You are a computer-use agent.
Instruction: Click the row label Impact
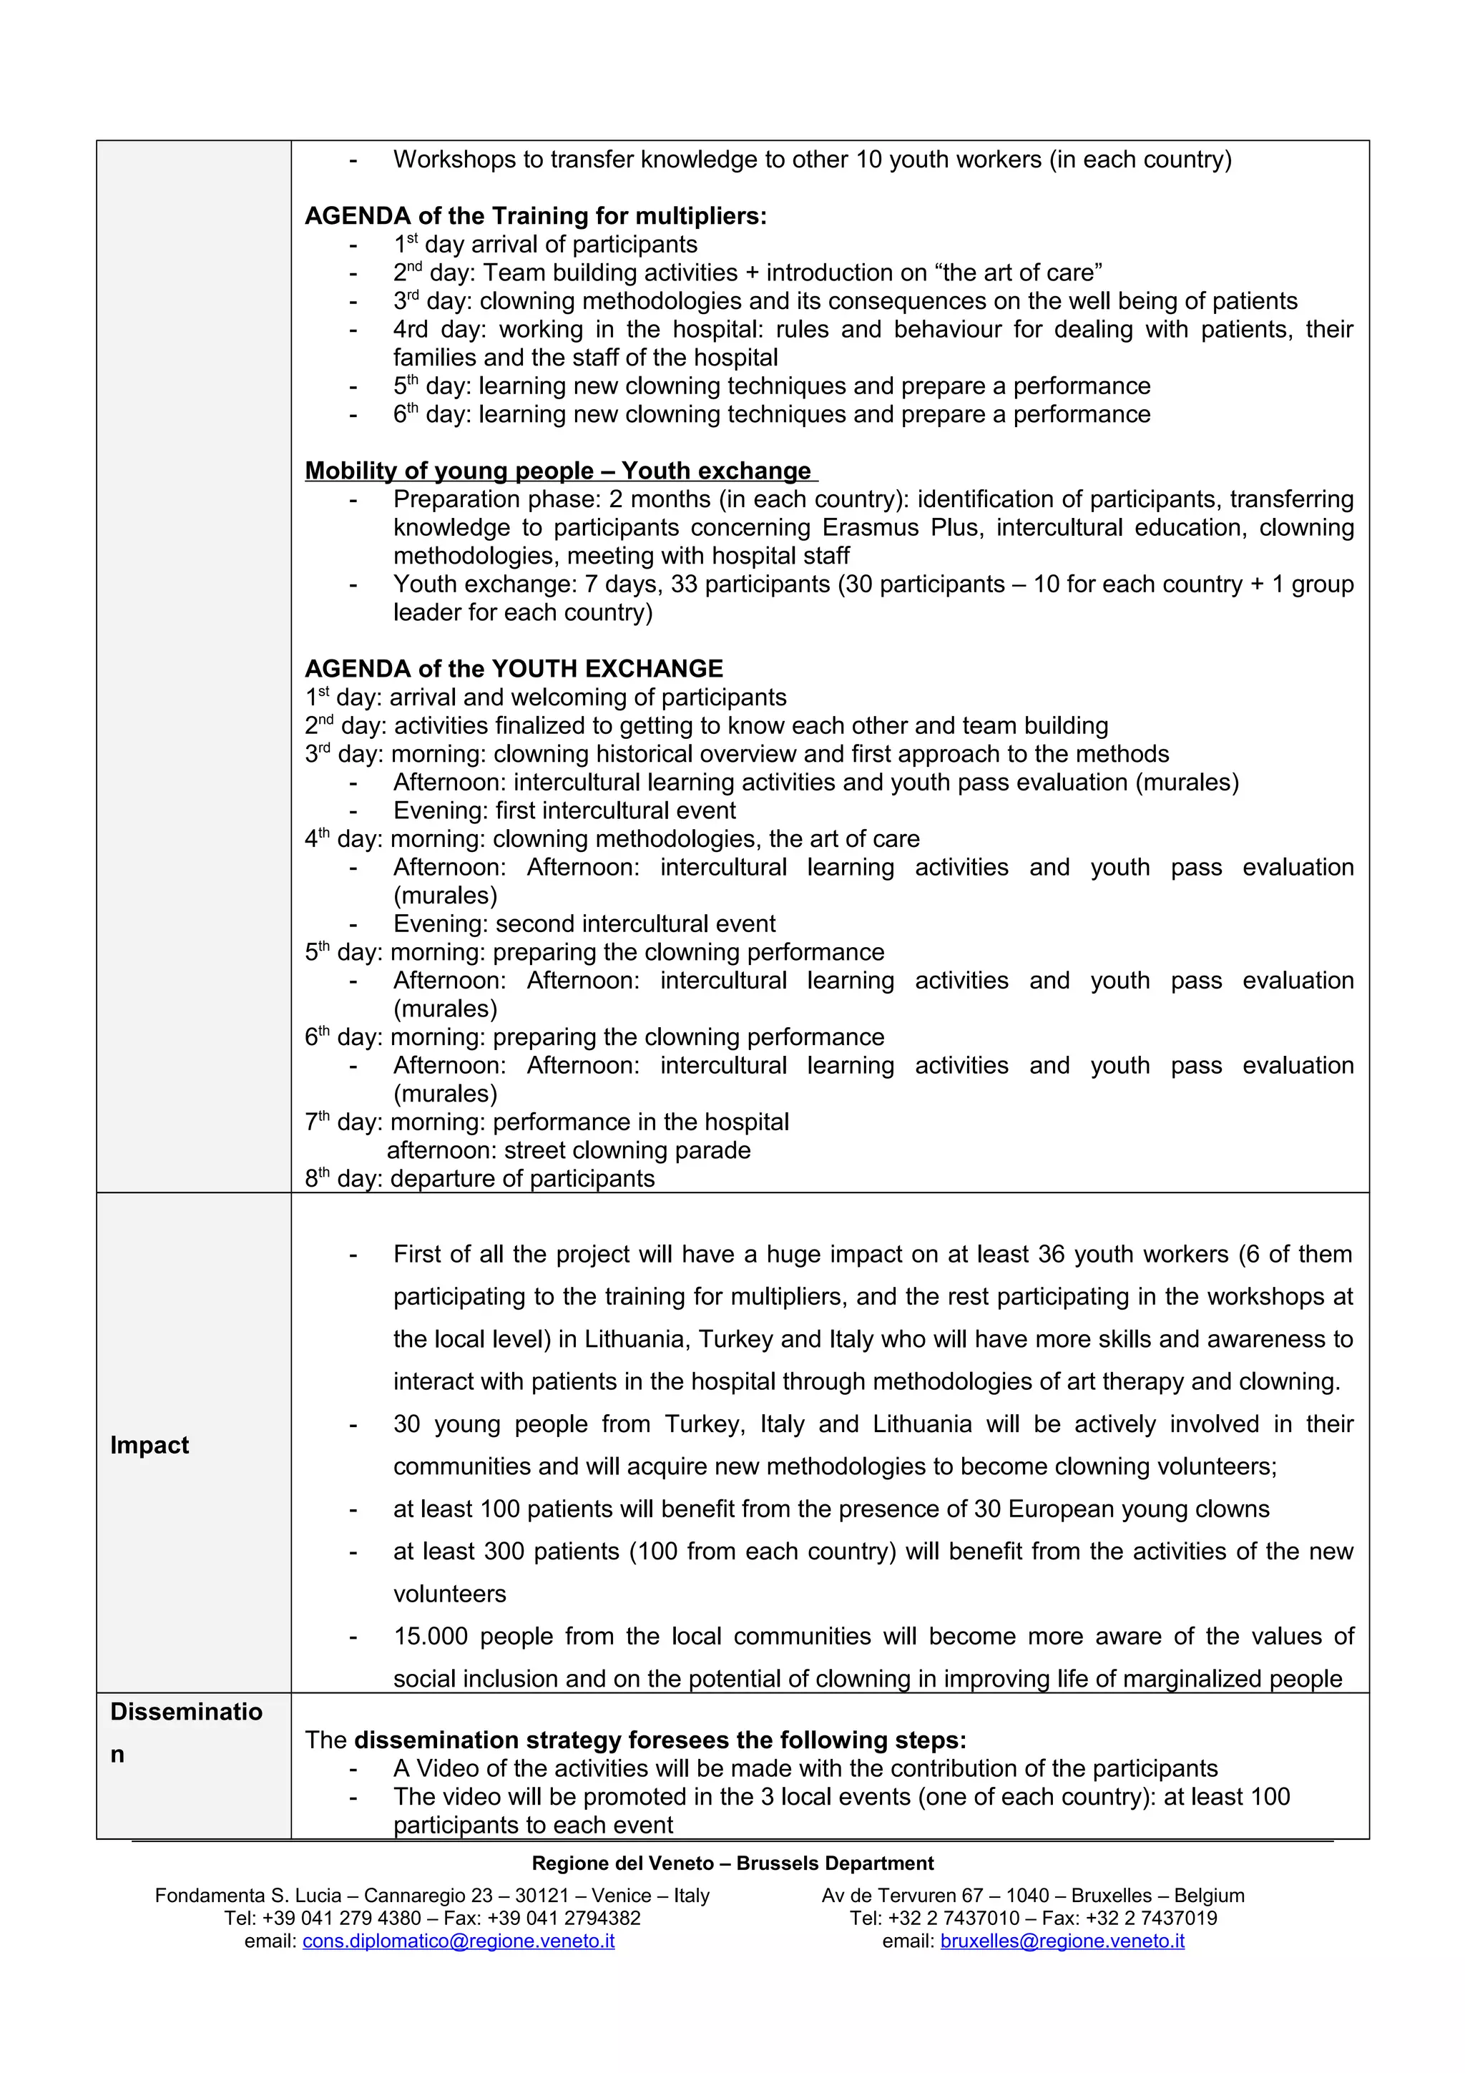(149, 1445)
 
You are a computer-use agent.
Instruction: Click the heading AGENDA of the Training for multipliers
(535, 216)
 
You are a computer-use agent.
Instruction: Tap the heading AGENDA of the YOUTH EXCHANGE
(514, 669)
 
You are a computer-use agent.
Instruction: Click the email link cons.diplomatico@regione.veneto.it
(459, 1940)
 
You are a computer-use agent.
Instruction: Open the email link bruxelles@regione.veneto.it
(1062, 1940)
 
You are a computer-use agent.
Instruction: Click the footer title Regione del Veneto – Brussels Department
(732, 1863)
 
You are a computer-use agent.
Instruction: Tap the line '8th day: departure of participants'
(479, 1178)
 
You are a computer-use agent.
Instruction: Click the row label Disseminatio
(186, 1711)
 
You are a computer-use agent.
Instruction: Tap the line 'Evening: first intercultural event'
(564, 810)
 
